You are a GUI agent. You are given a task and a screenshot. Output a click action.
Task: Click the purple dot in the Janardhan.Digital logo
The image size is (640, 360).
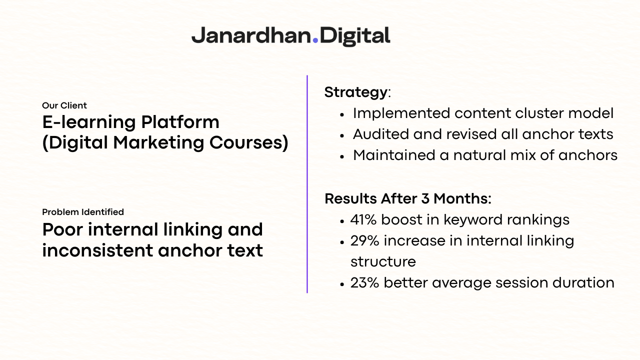click(315, 40)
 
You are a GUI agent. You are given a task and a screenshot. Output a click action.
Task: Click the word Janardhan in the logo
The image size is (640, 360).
click(251, 35)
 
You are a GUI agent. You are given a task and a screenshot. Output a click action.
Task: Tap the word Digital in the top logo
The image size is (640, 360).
click(355, 36)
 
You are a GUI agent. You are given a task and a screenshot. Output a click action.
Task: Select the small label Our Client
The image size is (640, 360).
click(64, 105)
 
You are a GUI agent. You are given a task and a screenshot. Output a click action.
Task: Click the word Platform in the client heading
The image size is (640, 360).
click(180, 122)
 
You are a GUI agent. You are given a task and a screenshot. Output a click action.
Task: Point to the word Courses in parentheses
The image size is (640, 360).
click(245, 142)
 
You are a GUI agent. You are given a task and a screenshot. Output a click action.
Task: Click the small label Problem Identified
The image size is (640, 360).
click(83, 212)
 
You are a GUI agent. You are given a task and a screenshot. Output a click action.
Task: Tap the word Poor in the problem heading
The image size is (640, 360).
click(62, 229)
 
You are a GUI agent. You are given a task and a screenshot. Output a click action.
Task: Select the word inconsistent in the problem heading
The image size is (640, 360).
click(97, 250)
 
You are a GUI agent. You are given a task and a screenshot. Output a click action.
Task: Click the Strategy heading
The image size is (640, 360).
click(355, 92)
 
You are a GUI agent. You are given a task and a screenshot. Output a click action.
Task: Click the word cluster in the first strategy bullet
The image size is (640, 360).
click(539, 113)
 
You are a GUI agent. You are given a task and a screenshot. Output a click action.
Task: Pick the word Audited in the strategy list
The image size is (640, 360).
click(381, 134)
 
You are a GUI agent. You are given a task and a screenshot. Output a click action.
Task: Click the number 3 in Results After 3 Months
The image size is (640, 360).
click(425, 199)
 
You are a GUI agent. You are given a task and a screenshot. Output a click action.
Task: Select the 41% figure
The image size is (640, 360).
click(363, 220)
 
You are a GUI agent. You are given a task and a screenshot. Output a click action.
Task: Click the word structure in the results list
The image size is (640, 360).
click(383, 262)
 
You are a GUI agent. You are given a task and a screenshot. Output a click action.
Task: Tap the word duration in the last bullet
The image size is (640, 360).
click(583, 283)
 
